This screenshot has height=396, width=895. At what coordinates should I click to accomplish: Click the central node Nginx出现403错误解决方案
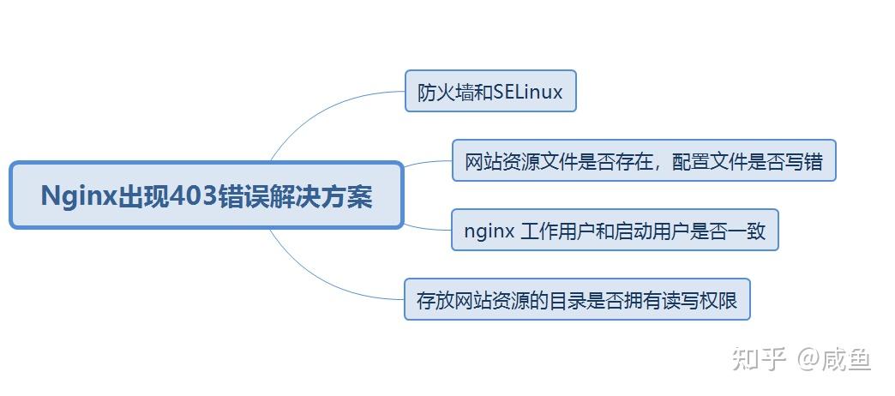tap(206, 195)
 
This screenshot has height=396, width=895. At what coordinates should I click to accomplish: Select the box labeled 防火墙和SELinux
tap(490, 92)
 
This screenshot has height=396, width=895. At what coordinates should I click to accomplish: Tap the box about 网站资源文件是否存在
tap(643, 161)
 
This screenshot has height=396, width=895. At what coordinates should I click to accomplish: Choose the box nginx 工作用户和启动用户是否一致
tap(614, 230)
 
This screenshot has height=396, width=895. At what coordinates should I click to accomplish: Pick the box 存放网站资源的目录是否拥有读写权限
tap(576, 299)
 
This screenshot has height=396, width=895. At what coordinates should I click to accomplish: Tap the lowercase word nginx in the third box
tap(489, 231)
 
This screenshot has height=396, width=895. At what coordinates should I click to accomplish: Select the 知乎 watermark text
tap(759, 359)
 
